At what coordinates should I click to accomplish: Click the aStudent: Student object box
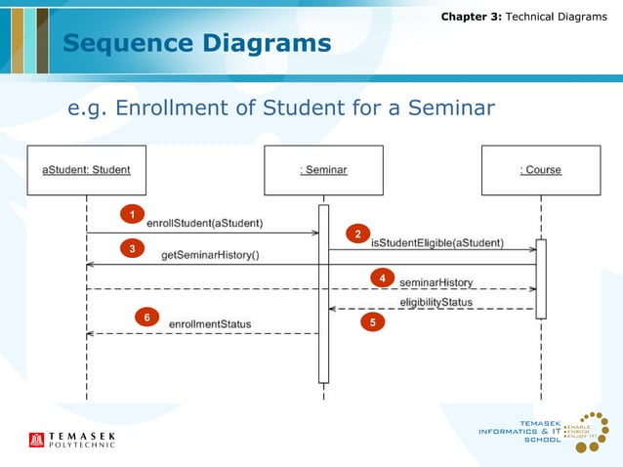click(86, 170)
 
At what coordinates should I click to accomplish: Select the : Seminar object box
click(323, 170)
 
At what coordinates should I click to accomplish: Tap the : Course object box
click(540, 170)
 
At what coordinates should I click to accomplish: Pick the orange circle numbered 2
click(357, 234)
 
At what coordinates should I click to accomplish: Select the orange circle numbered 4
click(384, 278)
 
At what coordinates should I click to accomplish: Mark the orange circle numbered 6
click(146, 318)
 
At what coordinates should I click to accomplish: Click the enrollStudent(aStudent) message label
click(211, 223)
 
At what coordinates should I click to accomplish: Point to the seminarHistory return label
click(436, 282)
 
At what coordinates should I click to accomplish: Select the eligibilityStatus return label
click(436, 302)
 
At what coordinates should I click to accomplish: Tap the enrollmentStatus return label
click(210, 323)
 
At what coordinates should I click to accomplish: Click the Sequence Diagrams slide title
click(196, 43)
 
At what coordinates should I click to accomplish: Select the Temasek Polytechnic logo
click(72, 440)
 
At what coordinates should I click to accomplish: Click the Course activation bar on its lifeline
click(540, 278)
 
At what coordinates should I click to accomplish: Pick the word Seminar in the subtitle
click(444, 106)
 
